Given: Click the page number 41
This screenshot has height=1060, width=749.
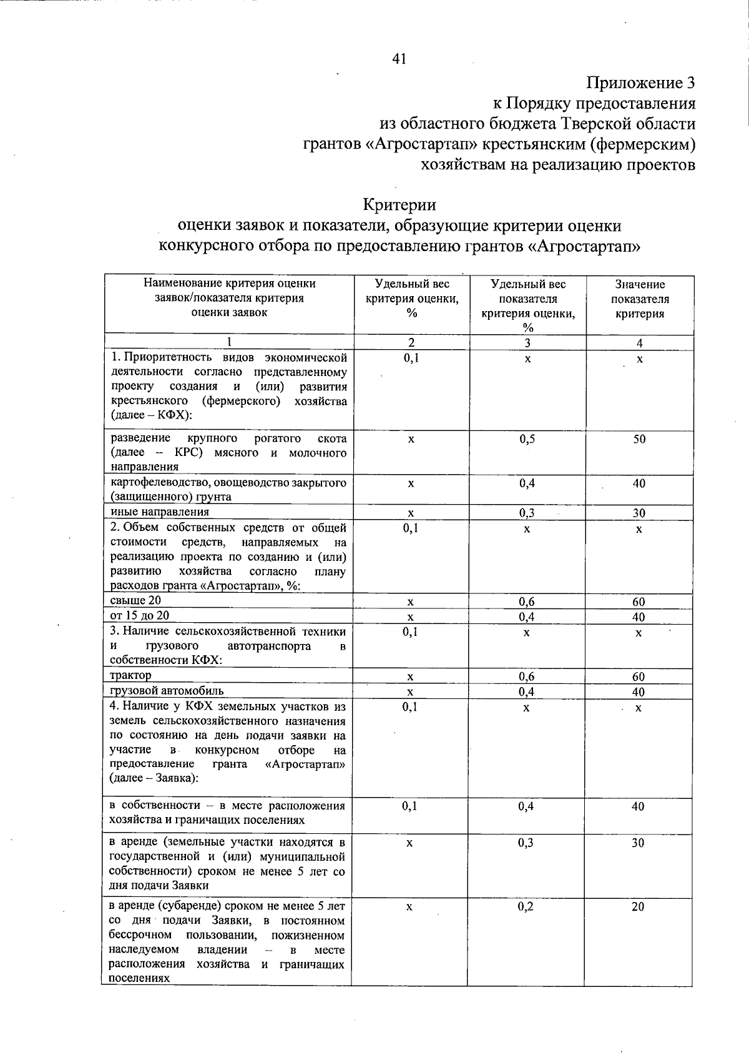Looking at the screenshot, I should pos(399,59).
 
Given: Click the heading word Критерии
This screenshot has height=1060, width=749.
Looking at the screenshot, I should pos(399,205).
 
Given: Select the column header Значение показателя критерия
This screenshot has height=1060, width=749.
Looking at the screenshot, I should pos(639,299).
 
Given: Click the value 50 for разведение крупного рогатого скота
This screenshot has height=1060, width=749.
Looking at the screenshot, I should pos(639,439).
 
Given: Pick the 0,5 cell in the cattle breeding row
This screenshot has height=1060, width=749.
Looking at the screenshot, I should pos(527,439).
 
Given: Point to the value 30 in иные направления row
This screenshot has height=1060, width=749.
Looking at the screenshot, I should pos(639,513).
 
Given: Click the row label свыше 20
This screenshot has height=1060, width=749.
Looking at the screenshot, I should pos(135,601).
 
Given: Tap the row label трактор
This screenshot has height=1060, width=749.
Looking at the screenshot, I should pos(130,675).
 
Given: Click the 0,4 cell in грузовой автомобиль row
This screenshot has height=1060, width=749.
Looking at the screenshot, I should pos(527,692).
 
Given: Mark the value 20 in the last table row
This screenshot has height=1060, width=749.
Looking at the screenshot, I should pos(637,907).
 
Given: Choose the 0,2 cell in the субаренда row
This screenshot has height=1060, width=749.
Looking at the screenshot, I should pos(526,907).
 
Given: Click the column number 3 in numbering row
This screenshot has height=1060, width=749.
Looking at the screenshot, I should pos(527,343).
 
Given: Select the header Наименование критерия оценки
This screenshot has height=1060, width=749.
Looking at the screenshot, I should pos(229,284).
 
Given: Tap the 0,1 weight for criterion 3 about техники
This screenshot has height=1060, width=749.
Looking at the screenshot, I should pos(410,633).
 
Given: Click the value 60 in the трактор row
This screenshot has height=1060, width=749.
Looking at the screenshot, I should pos(639,677).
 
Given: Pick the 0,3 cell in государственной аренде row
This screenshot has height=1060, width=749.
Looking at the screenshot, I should pos(526,843).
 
